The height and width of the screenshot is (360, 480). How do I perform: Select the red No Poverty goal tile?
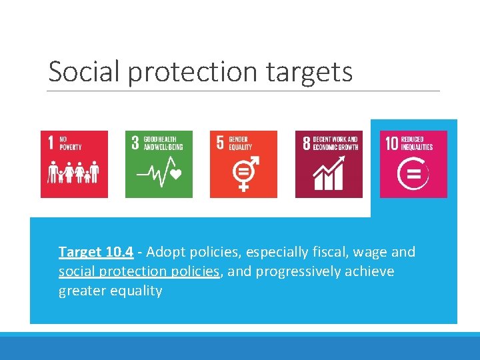[73, 164]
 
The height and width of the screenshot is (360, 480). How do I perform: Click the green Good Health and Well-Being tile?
[159, 164]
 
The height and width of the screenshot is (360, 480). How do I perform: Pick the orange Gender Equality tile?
[243, 164]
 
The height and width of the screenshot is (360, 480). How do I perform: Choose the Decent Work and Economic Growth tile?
[329, 164]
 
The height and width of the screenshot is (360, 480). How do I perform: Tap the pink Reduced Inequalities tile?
[413, 164]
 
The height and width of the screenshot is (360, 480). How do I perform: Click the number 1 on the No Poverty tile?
[51, 143]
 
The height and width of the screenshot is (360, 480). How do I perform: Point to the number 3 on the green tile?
[135, 143]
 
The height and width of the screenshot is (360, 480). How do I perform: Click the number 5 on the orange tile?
[220, 143]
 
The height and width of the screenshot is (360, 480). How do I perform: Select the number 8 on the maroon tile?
[306, 143]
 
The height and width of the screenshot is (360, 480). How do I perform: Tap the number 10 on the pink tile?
[391, 143]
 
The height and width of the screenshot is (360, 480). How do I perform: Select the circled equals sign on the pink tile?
[413, 175]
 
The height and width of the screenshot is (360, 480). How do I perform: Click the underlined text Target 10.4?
[96, 252]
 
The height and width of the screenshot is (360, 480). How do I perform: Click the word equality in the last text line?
[137, 291]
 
